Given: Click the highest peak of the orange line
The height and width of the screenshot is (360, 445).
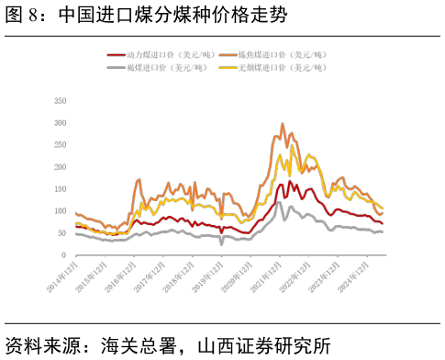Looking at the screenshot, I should [x=282, y=123].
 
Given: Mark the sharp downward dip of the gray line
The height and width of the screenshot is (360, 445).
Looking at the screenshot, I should [x=221, y=244].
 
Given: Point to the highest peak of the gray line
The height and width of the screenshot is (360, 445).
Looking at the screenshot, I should [x=279, y=202].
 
